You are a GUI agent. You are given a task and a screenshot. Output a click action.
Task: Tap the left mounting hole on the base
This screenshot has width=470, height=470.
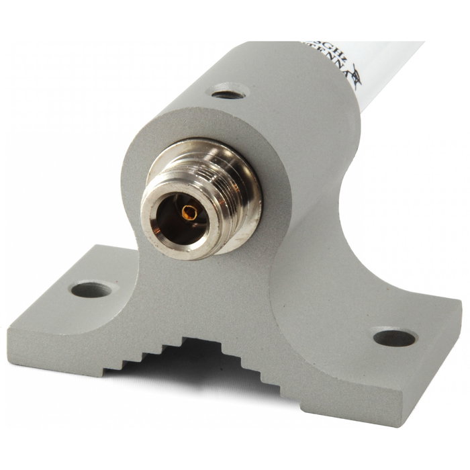(x=91, y=290)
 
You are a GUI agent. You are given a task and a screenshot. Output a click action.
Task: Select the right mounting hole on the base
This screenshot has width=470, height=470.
(x=394, y=338)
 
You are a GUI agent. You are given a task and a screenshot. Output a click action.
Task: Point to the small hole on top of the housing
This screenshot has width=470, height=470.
(x=228, y=93)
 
